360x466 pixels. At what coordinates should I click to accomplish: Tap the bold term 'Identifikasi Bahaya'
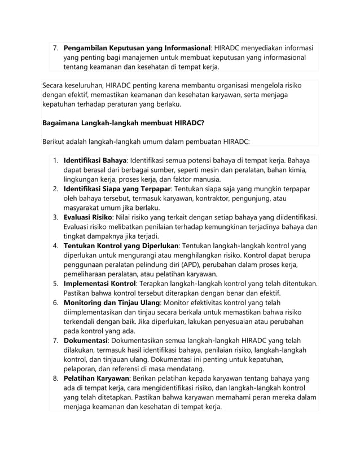[x=95, y=160]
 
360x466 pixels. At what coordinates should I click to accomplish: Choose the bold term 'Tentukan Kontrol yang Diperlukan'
[x=121, y=245]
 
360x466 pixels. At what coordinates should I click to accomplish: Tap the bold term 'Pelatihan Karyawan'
[x=96, y=379]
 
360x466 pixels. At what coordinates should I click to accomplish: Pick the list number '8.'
[x=56, y=379]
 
